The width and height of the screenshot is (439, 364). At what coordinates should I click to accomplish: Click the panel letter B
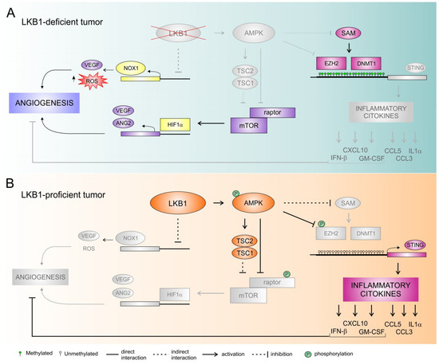(x=10, y=182)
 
